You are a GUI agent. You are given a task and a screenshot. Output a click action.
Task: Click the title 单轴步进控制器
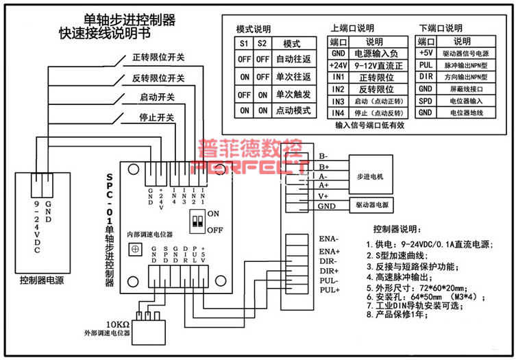tap(130, 20)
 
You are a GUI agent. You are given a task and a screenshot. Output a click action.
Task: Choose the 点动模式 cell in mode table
tap(293, 110)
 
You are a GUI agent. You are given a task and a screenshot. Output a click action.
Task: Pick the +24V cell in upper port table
tap(337, 64)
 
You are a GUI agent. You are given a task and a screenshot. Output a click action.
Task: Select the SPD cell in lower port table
tap(426, 100)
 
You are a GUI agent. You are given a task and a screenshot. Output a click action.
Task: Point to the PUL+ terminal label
tap(330, 291)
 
